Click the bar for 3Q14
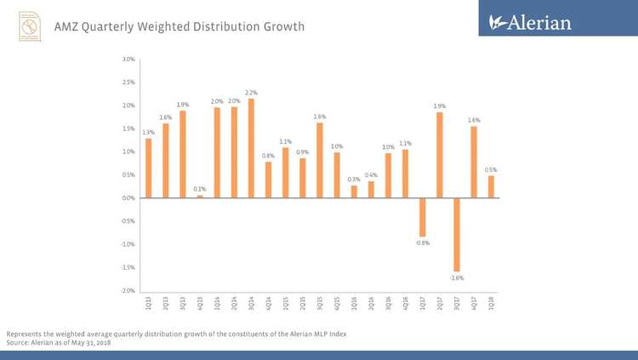[251, 148]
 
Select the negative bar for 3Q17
[457, 234]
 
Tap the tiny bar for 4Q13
[200, 196]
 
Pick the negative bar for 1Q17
[423, 217]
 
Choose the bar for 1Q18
[491, 186]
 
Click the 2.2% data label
[251, 92]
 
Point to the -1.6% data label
[458, 277]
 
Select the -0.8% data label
[423, 243]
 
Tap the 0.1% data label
[200, 189]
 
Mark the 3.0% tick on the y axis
[128, 60]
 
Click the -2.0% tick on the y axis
[128, 290]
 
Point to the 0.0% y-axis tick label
[128, 198]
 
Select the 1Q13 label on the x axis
[149, 302]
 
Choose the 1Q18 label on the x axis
[492, 302]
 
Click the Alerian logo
[530, 23]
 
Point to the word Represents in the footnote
[26, 334]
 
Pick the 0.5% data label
[491, 170]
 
